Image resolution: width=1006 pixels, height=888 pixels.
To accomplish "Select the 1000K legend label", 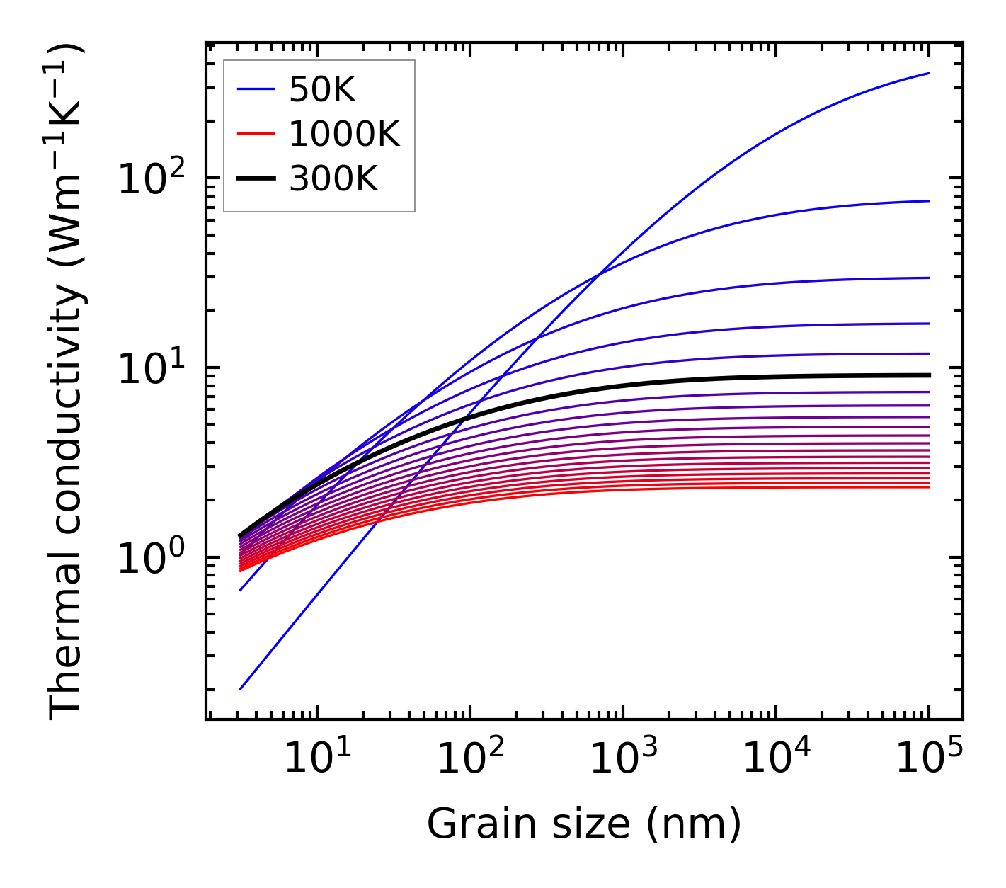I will point(344,135).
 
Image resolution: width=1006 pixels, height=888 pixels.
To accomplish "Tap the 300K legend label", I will point(333,179).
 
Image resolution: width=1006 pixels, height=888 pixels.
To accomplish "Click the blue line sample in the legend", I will point(255,90).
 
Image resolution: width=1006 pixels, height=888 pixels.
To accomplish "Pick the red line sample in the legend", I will point(255,135).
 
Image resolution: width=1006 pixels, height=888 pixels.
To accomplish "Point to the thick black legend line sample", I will point(255,179).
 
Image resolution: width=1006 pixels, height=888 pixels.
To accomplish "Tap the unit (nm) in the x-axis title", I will point(694,824).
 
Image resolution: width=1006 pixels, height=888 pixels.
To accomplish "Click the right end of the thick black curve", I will point(928,375).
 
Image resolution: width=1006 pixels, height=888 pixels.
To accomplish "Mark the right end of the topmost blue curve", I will point(928,73).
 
